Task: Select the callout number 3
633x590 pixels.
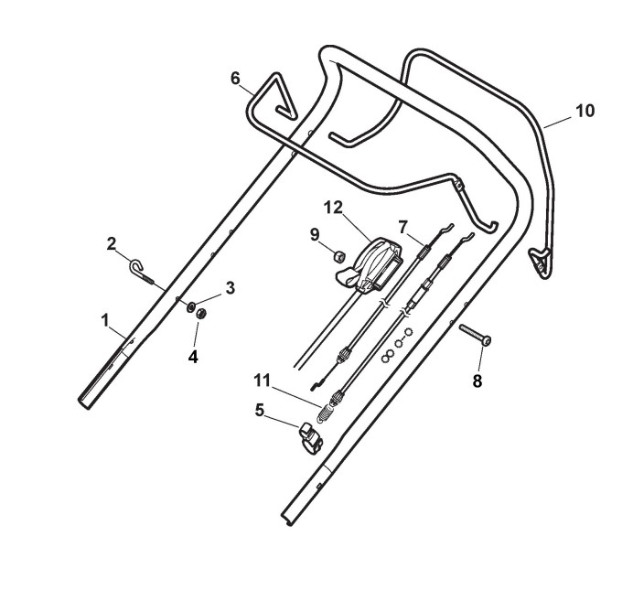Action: [x=231, y=287]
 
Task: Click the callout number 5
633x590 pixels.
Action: [x=260, y=411]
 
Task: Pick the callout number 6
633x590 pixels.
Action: [x=236, y=79]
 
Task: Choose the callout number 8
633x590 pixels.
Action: [x=477, y=381]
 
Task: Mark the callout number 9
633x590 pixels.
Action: [x=314, y=234]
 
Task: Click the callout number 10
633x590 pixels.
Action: [x=585, y=111]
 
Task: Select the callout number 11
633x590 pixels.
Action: [x=262, y=378]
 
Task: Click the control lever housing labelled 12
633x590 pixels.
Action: [x=376, y=263]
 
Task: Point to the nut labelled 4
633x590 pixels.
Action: [x=204, y=316]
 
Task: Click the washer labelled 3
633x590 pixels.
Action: [x=193, y=308]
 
